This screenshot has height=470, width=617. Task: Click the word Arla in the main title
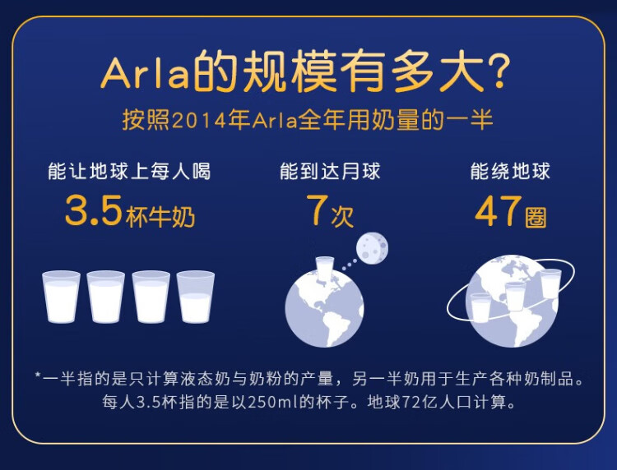pos(145,73)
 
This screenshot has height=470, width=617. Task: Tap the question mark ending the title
pos(496,71)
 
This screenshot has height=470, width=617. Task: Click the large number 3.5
pos(93,210)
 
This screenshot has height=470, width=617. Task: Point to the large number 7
pos(318,210)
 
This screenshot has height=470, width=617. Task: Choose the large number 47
pos(499,211)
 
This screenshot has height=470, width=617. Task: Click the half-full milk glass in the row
pos(196,297)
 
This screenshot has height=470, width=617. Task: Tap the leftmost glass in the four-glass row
pos(61,297)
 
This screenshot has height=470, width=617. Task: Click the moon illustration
pos(372,248)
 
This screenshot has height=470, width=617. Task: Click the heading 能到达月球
pos(330,172)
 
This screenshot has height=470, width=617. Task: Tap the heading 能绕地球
pos(510,172)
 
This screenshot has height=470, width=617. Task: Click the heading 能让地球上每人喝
pos(129,172)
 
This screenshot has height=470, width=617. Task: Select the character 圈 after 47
pos(536,217)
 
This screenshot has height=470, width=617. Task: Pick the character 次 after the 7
pos(342,216)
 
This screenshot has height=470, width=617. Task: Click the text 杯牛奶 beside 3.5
pos(160,217)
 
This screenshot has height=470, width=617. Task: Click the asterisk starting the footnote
pos(38,376)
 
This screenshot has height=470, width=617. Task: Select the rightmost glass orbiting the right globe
pos(551,283)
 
